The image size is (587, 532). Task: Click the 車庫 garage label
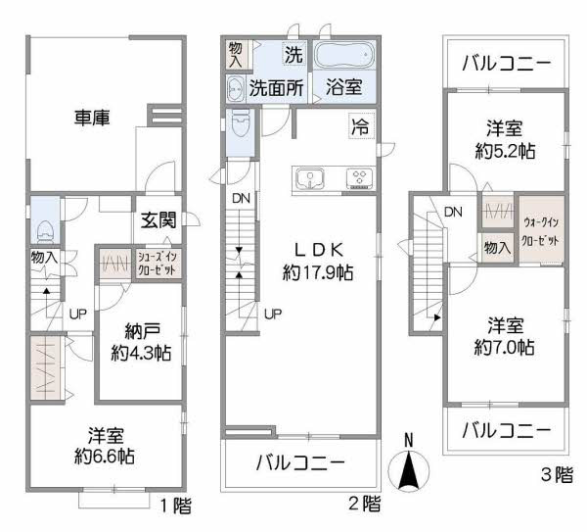coord(91,118)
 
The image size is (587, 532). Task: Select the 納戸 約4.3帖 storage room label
coord(141,342)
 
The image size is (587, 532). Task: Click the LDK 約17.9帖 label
coord(318,260)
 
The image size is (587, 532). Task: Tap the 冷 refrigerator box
coord(360,124)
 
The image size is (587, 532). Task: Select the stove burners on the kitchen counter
coord(358,178)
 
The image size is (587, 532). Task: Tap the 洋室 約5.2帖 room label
coord(507,138)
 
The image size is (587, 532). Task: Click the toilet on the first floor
coord(42,228)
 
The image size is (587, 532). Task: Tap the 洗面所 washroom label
coord(275,86)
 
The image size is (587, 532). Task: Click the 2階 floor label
coord(363,506)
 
